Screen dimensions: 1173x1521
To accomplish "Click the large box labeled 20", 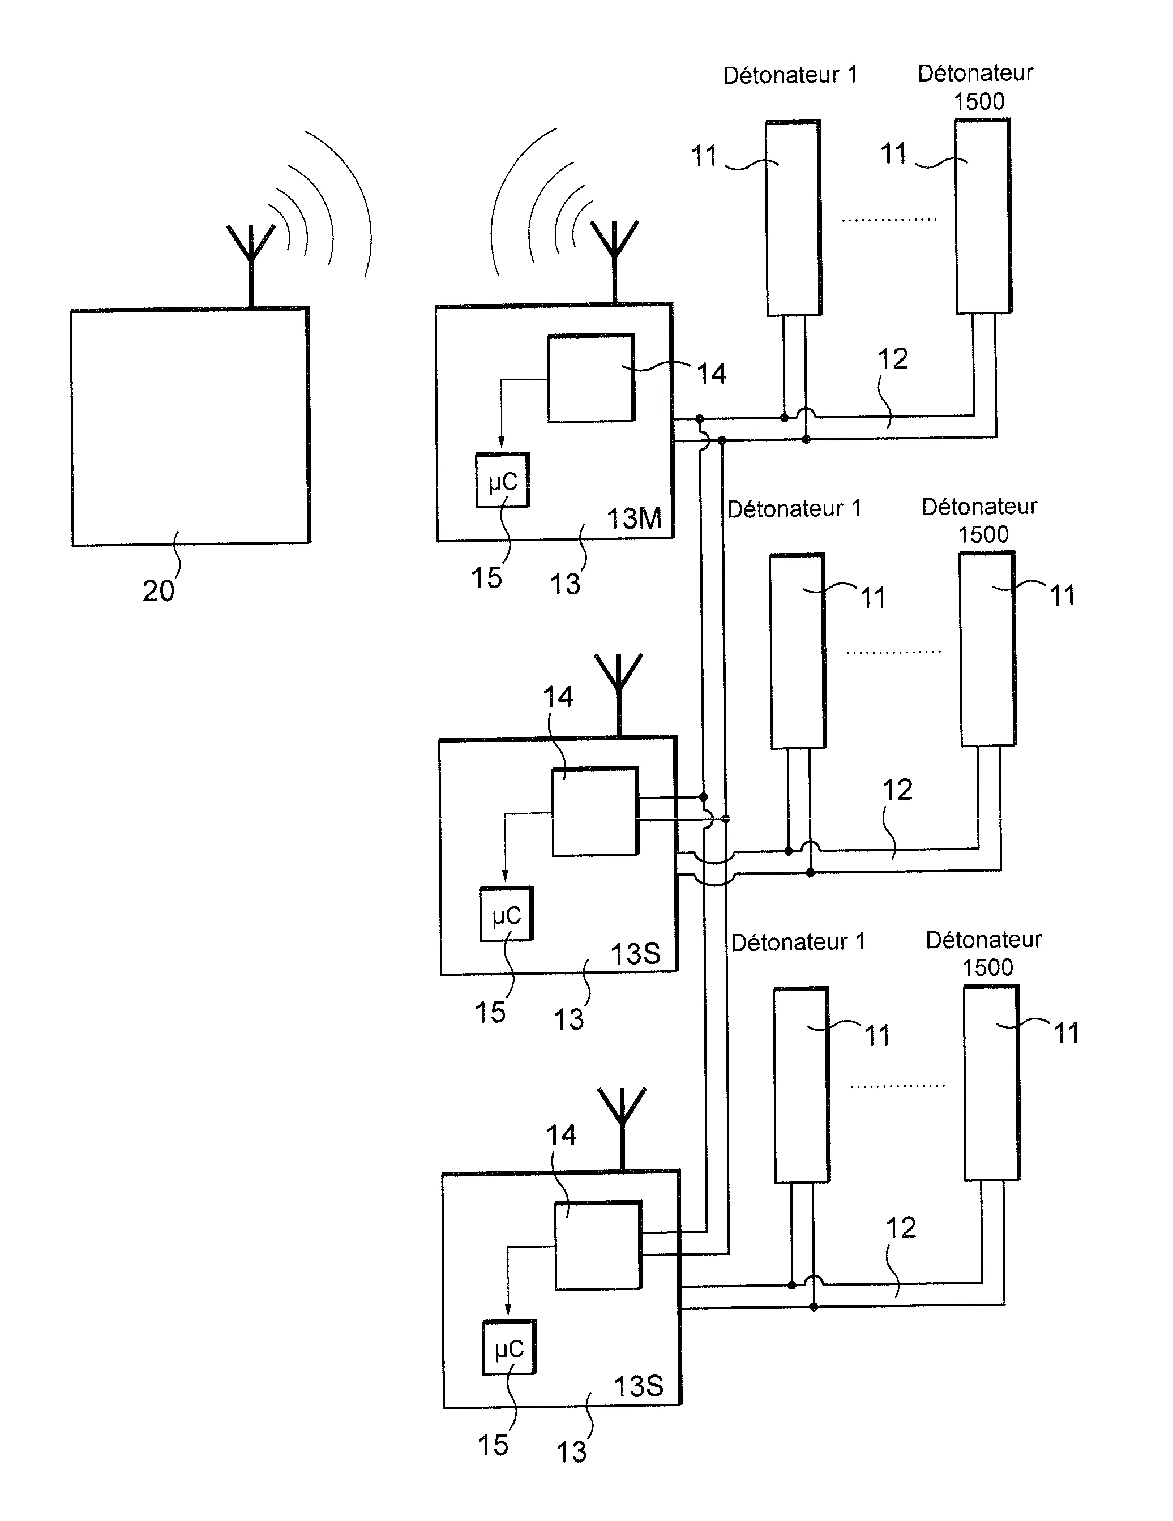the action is pyautogui.click(x=190, y=426).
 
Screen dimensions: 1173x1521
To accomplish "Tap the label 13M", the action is pyautogui.click(x=634, y=519).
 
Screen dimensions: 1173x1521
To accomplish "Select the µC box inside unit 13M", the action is pyautogui.click(x=502, y=481).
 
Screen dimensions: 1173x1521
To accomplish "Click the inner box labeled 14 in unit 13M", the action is pyautogui.click(x=590, y=378).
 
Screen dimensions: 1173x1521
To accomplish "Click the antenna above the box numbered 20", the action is pyautogui.click(x=251, y=265).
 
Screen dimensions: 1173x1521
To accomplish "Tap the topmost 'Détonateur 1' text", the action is pyautogui.click(x=790, y=75).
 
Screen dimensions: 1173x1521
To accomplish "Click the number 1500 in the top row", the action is pyautogui.click(x=979, y=102).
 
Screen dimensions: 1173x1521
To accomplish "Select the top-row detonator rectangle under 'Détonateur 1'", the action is pyautogui.click(x=793, y=218).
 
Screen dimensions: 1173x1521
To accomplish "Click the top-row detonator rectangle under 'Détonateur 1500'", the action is pyautogui.click(x=982, y=216).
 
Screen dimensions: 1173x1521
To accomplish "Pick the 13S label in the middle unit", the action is pyautogui.click(x=635, y=953).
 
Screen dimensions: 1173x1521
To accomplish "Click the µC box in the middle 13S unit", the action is pyautogui.click(x=507, y=914).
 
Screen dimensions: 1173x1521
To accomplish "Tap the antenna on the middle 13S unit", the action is pyautogui.click(x=619, y=695).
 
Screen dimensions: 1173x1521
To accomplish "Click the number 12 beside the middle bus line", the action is pyautogui.click(x=897, y=790).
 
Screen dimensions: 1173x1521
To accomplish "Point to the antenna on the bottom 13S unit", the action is pyautogui.click(x=622, y=1129).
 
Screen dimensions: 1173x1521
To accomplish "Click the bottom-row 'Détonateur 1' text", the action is pyautogui.click(x=798, y=942).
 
